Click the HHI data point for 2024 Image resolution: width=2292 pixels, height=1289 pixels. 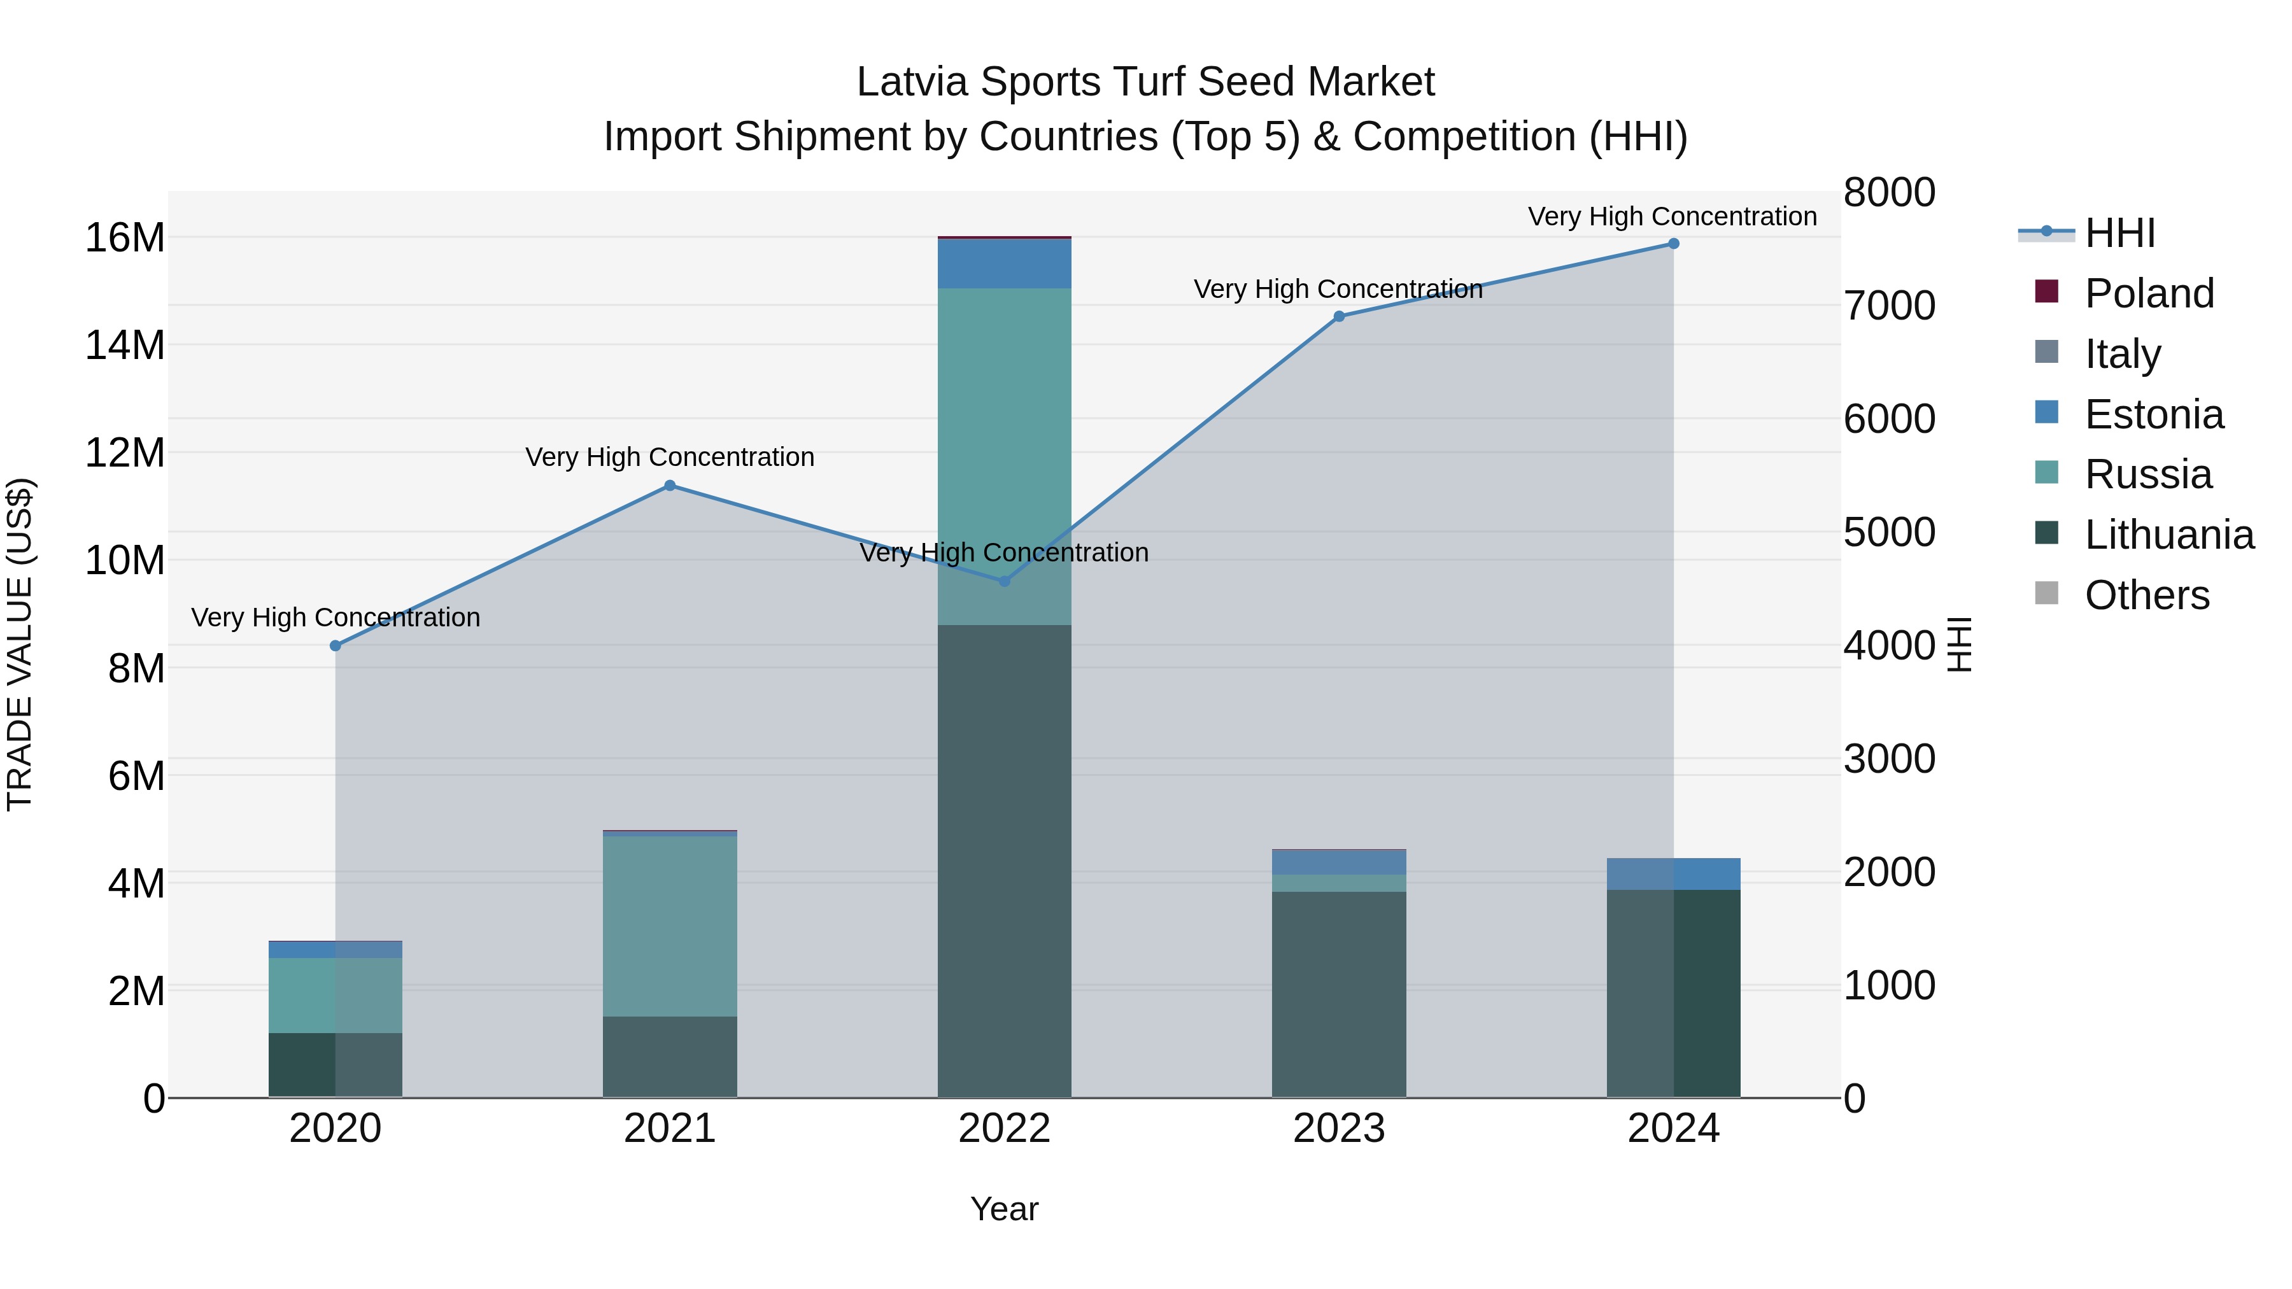point(1673,244)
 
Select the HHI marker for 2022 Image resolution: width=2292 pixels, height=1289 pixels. point(1005,581)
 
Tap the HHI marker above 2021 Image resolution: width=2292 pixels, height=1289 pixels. point(670,486)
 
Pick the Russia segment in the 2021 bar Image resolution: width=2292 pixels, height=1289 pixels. point(670,925)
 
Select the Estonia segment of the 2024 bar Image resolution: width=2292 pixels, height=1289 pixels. point(1673,873)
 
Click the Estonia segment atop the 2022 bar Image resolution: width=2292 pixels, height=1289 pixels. point(1005,264)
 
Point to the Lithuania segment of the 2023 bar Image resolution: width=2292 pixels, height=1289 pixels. point(1338,994)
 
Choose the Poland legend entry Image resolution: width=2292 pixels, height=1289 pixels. point(2149,293)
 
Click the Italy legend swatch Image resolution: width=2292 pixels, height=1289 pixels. point(2046,352)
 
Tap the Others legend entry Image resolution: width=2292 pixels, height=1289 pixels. point(2146,595)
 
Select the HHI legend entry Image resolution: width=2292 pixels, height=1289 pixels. point(2119,233)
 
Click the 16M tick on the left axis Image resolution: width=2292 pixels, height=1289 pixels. point(125,239)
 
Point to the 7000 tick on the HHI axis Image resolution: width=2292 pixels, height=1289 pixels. point(1889,306)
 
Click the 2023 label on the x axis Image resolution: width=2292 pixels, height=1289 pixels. point(1338,1129)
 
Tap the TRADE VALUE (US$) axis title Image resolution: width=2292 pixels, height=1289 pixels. point(20,644)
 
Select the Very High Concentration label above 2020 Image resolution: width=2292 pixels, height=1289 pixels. point(336,617)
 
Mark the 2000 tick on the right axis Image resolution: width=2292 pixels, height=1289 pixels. point(1889,873)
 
